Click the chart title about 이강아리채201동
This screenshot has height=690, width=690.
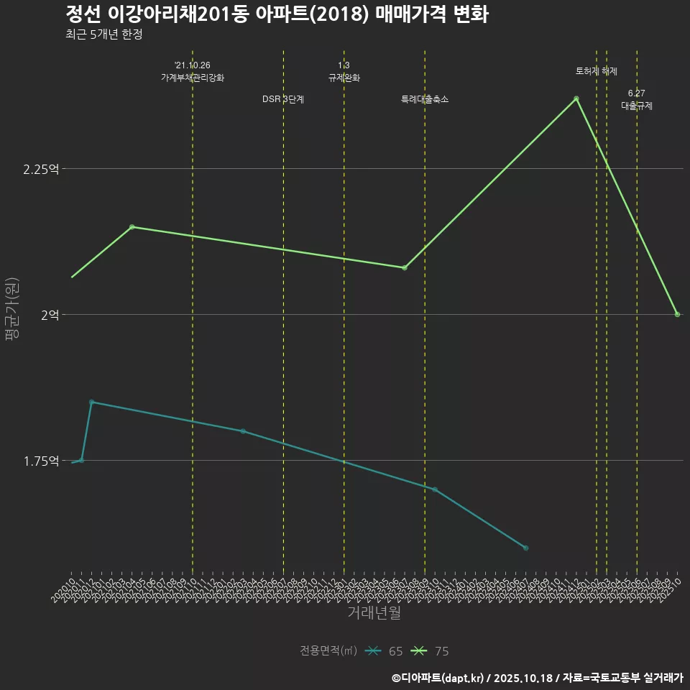(277, 14)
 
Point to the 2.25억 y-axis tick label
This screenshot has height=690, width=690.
(41, 169)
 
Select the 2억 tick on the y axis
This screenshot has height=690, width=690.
(50, 315)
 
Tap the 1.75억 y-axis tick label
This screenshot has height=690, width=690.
(41, 461)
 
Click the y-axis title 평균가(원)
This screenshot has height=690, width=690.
(12, 310)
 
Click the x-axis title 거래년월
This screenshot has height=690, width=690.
(374, 612)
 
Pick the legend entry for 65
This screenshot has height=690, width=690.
(384, 651)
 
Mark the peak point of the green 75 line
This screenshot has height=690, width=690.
(576, 98)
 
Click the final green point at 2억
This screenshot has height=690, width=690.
(677, 315)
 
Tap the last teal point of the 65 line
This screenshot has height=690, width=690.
(526, 548)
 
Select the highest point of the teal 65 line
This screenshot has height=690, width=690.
(91, 402)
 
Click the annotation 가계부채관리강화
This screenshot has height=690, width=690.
(193, 78)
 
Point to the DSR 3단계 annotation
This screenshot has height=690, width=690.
(283, 99)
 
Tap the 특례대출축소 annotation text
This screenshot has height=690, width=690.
(425, 99)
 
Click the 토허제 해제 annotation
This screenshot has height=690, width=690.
(597, 71)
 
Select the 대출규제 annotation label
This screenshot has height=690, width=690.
(637, 106)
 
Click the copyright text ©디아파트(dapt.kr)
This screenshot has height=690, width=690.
(440, 678)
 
